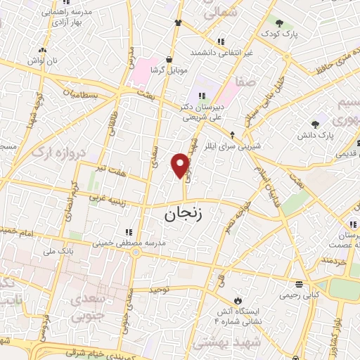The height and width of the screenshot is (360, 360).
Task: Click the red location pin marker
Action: pos(181,166)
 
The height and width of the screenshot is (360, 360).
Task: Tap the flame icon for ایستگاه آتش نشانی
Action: pos(238,290)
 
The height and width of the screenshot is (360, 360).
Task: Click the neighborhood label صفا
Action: pos(245,83)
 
